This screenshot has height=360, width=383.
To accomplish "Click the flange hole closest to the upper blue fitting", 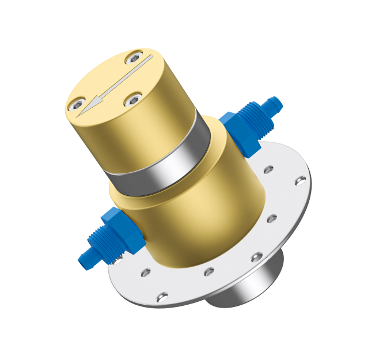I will coord(268,170).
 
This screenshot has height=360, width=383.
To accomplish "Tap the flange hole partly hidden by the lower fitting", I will coord(118,261).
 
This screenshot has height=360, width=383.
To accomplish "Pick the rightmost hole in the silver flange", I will coord(299,181).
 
